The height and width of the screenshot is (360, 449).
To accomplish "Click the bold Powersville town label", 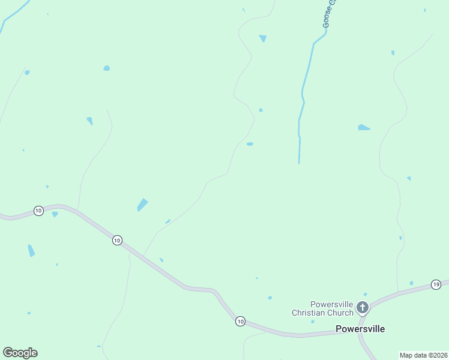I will [x=360, y=329].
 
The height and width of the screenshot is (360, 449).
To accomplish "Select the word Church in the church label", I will [x=340, y=313].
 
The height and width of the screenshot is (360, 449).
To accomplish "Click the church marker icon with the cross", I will [x=362, y=308].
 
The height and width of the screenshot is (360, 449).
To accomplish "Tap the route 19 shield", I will [x=436, y=284].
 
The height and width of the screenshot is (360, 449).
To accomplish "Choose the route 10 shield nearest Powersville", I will [x=240, y=322].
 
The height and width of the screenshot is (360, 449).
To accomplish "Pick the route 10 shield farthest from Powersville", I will [x=38, y=211].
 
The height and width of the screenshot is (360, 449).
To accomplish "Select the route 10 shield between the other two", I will [x=117, y=240].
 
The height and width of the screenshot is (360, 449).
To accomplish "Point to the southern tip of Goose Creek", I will [x=299, y=162].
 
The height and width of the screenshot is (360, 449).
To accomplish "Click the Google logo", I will [x=20, y=353].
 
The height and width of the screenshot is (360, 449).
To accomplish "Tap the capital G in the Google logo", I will [x=8, y=353].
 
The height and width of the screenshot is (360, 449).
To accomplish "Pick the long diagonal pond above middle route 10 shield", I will [x=142, y=205].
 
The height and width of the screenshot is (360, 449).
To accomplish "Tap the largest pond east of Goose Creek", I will [x=363, y=127].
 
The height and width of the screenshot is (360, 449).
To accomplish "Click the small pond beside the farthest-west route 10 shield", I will [x=55, y=214].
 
